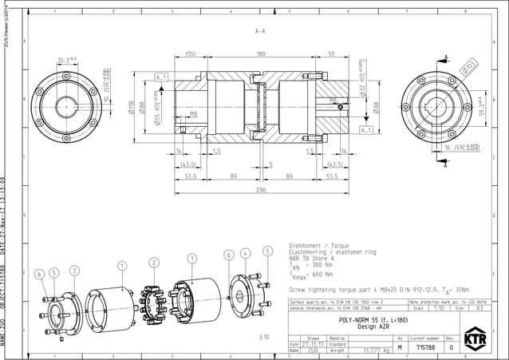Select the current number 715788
coord(425,348)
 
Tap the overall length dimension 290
coord(260,191)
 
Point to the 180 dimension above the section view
coord(260,55)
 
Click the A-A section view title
coord(260,32)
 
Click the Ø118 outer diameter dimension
coord(131,110)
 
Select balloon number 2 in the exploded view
coord(152,262)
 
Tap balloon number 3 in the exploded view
coord(73,271)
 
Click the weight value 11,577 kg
coord(375,350)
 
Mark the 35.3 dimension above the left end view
coord(66,60)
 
